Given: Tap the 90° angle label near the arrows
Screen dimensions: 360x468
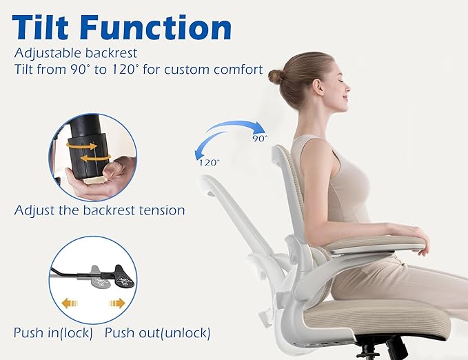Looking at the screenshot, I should tap(259, 138).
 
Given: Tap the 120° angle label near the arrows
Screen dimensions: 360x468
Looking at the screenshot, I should tap(210, 163).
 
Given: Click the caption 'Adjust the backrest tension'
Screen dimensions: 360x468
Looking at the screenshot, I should tap(99, 210).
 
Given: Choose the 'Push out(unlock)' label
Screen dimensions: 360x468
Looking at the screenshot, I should tap(157, 332).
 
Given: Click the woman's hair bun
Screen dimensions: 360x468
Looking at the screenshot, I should tap(276, 76).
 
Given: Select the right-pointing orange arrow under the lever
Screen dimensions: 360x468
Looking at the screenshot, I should tap(116, 303).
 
